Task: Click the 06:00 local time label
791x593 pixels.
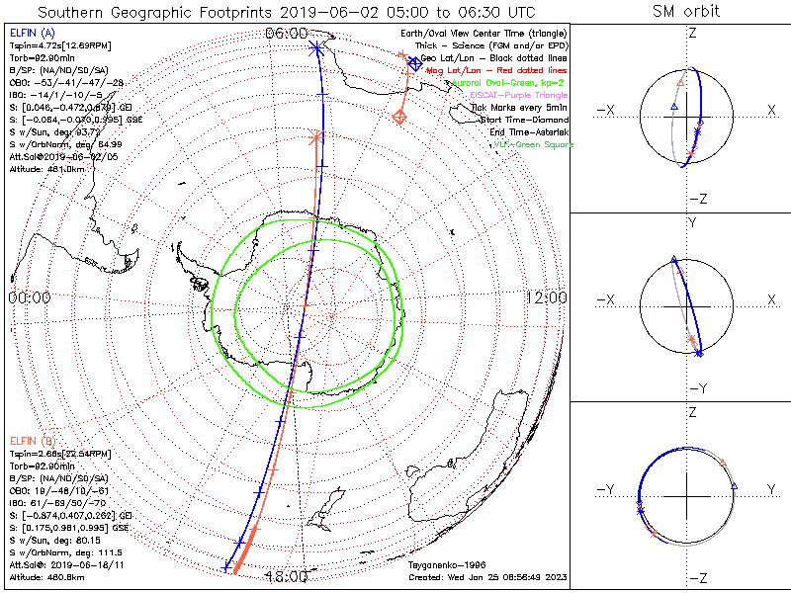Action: [286, 34]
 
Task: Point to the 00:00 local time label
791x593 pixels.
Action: [30, 297]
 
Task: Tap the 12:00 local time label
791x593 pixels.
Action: [545, 297]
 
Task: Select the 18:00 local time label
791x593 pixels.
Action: [286, 577]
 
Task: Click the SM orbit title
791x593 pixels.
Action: [686, 12]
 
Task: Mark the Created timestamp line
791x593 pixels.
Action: [486, 576]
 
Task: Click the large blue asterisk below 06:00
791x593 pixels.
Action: [315, 47]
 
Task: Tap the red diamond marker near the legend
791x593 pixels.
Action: [399, 117]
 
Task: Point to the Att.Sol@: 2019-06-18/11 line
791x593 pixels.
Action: [60, 564]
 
